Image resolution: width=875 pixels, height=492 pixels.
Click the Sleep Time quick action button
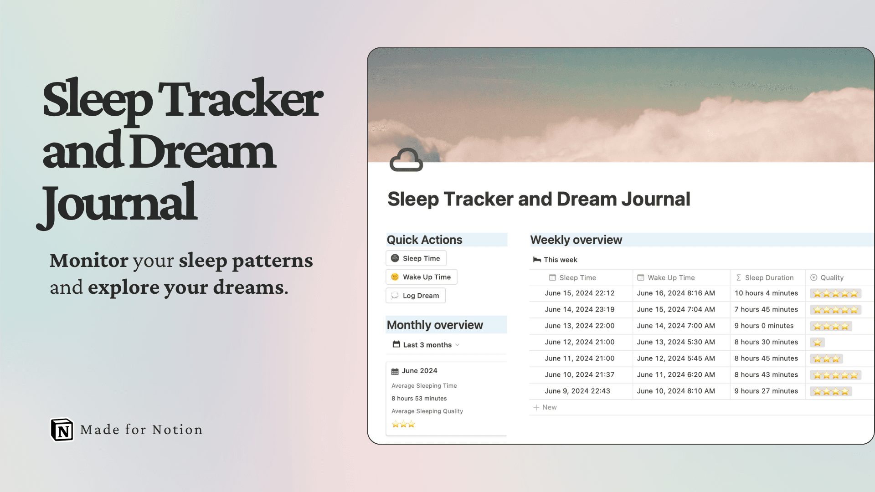(416, 258)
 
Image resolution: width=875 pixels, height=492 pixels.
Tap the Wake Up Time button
(422, 277)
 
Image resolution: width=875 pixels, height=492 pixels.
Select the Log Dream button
(416, 296)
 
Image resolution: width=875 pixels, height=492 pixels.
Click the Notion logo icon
(62, 430)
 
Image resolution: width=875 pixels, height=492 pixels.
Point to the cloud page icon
(406, 160)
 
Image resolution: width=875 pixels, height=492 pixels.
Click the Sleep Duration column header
(769, 277)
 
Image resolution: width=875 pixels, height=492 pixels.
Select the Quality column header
(831, 277)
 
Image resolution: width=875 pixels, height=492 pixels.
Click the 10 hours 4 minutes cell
(766, 293)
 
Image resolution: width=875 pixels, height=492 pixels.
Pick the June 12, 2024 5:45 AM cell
(676, 359)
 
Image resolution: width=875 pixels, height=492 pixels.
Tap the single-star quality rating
(817, 343)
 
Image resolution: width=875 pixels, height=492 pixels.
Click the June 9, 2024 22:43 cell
(577, 391)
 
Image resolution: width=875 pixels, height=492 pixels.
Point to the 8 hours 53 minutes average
(419, 399)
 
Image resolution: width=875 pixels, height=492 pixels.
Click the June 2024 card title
(419, 371)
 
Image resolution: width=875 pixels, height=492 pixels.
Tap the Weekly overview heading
(576, 240)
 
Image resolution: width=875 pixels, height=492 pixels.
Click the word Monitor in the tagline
(89, 261)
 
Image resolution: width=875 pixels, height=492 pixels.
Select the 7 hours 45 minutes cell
(766, 310)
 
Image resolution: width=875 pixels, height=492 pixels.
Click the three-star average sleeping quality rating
(403, 425)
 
